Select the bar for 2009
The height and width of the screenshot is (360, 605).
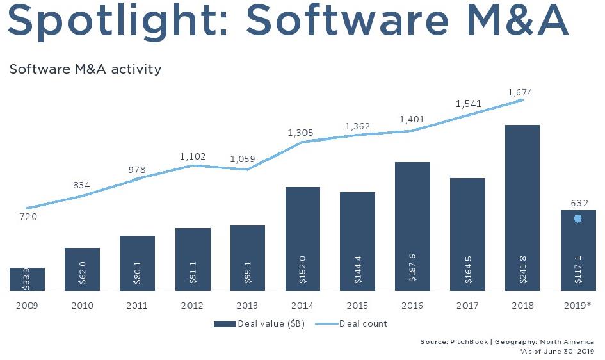click(x=27, y=279)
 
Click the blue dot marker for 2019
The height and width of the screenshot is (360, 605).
click(x=577, y=219)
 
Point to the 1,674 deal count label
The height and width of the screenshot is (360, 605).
click(x=519, y=93)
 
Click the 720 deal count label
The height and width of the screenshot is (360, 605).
click(x=28, y=217)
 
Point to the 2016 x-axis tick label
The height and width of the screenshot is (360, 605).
click(x=412, y=306)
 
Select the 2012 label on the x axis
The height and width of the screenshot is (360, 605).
click(x=192, y=306)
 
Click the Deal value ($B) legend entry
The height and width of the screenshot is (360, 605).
click(x=259, y=324)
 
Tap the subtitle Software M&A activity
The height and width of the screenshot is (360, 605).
click(x=85, y=69)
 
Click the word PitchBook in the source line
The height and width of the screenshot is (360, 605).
click(x=471, y=342)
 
